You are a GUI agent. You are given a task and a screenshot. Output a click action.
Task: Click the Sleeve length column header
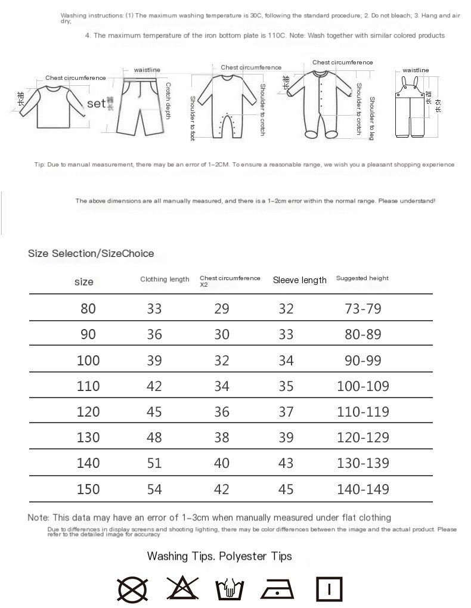click(299, 280)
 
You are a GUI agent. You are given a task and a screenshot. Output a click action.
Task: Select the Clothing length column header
click(165, 279)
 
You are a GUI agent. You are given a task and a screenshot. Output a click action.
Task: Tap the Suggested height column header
click(362, 278)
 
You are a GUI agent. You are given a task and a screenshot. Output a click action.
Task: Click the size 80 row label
click(88, 309)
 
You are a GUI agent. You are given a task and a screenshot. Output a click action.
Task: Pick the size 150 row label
click(88, 489)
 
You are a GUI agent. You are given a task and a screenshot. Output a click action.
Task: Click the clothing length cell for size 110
click(154, 386)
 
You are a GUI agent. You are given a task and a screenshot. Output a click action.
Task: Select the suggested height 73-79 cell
click(362, 309)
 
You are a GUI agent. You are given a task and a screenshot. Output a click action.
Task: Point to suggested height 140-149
click(362, 489)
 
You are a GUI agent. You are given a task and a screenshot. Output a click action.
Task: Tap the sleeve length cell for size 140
click(286, 463)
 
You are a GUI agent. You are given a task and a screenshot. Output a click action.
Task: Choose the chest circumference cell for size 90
click(221, 334)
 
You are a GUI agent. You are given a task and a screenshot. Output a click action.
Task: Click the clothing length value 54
click(154, 489)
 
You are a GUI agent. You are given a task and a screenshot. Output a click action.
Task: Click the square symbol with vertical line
click(329, 590)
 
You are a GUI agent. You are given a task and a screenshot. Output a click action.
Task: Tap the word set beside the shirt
click(96, 104)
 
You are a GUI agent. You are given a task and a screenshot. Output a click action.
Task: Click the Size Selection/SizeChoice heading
click(91, 253)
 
